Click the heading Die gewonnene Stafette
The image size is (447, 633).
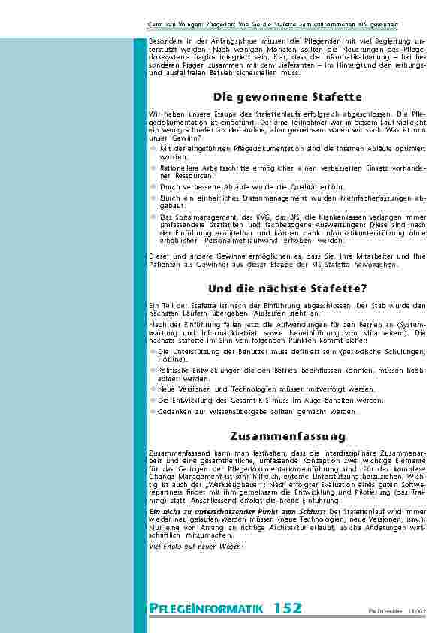288,97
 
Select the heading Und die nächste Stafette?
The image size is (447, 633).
288,288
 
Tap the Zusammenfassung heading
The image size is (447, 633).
288,436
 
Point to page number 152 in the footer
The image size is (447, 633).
288,608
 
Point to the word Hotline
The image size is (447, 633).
170,360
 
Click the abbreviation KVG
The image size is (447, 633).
243,216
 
